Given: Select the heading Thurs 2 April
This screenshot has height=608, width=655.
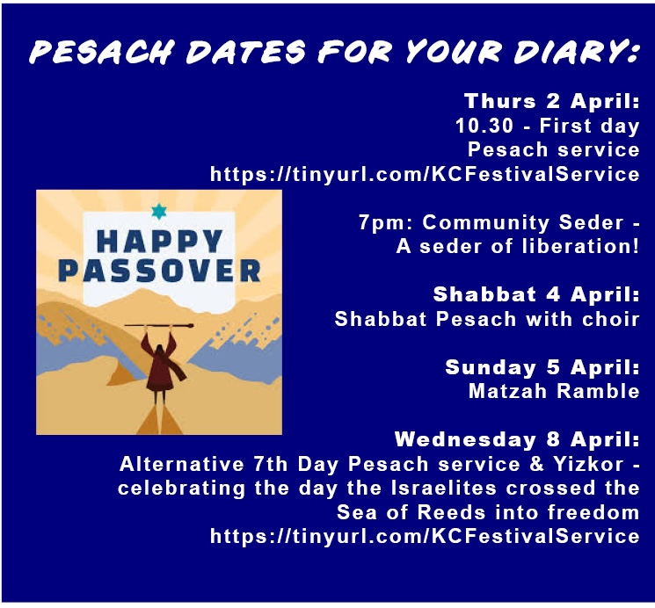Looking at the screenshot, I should [551, 100].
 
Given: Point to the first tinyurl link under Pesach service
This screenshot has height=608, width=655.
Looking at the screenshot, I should [425, 174].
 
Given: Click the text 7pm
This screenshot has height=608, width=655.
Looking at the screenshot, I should [378, 223].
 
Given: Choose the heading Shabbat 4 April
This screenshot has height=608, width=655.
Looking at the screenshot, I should [536, 294].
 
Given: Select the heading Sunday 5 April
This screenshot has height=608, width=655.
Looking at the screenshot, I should [542, 367].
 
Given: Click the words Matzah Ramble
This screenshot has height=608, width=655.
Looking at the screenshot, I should [554, 391].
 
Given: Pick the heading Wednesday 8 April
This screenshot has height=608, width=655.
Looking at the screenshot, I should [517, 438].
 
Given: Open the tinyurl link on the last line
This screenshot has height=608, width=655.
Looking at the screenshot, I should [425, 536].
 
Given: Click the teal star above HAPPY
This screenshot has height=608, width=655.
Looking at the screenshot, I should [158, 212].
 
